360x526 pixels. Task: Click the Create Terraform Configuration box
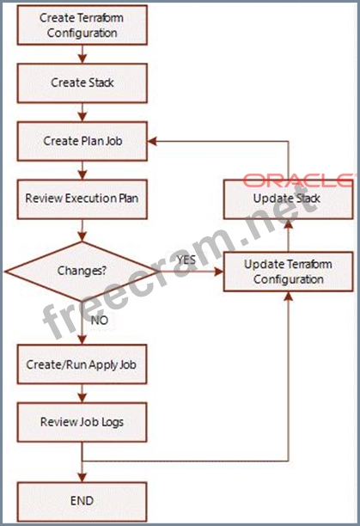82,25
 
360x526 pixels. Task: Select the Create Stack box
82,83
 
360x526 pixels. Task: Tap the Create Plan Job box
82,141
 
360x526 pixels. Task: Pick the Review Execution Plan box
82,199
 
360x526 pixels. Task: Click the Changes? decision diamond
82,271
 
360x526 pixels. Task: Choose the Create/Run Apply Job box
82,364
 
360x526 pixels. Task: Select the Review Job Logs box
82,422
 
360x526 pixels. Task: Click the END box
82,502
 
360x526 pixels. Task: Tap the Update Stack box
289,199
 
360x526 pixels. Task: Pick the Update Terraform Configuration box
289,272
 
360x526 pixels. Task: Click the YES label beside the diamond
186,260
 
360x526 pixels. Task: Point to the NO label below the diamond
100,320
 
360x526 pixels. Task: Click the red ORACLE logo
297,180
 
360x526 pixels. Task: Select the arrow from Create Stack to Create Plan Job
82,112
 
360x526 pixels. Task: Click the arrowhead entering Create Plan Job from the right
152,141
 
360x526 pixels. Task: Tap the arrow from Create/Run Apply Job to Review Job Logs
82,393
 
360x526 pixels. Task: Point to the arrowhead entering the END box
82,477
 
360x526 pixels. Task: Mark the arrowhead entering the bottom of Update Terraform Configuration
289,297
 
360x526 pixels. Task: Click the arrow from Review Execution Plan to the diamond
82,230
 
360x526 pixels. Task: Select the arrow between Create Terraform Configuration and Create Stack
82,54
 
